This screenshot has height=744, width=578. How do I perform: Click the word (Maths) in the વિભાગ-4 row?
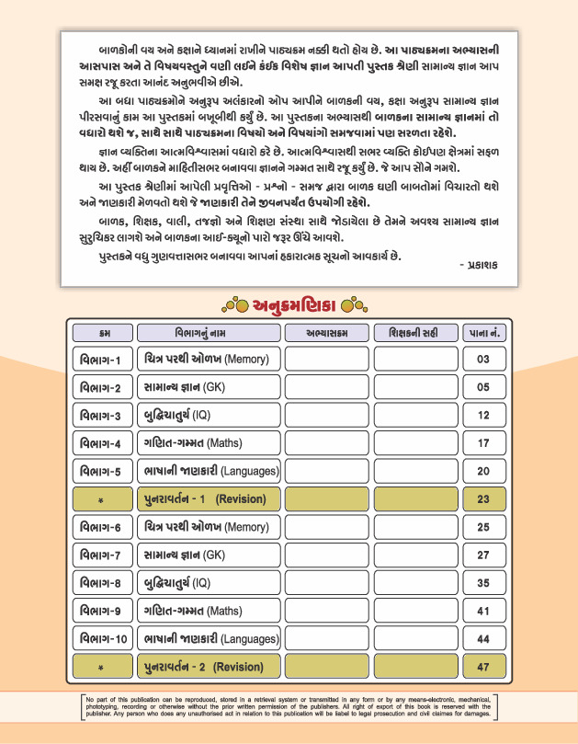coord(224,443)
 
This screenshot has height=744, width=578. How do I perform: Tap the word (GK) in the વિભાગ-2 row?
coord(213,387)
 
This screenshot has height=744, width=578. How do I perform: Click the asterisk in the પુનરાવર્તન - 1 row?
coord(101,500)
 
